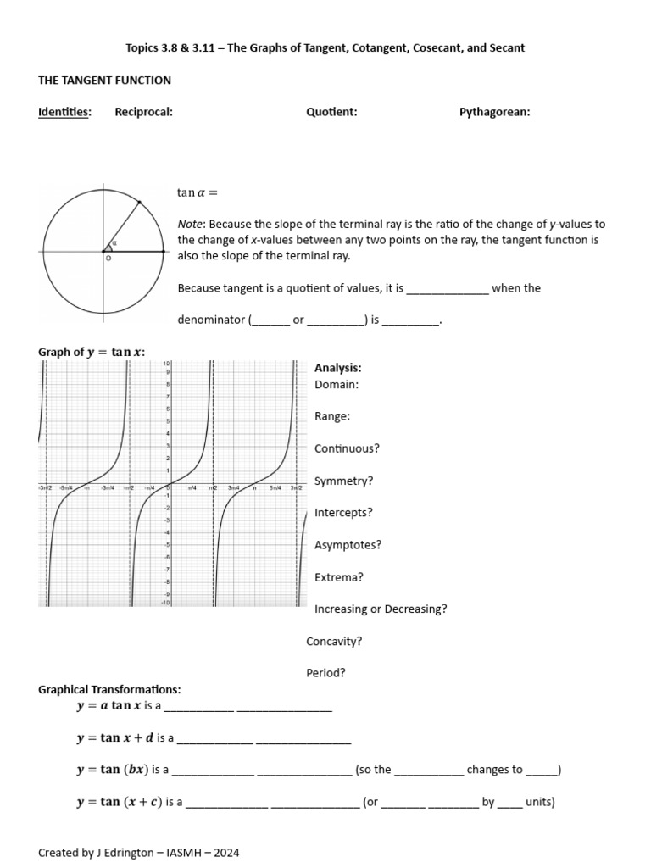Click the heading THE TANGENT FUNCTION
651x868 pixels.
pyautogui.click(x=104, y=81)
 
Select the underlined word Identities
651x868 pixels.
pyautogui.click(x=65, y=112)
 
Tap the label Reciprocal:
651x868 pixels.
pyautogui.click(x=143, y=112)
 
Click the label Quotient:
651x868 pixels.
pyautogui.click(x=331, y=112)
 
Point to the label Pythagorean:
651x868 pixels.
pyautogui.click(x=494, y=112)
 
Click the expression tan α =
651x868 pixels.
pyautogui.click(x=198, y=192)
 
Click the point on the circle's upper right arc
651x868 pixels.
pyautogui.click(x=139, y=202)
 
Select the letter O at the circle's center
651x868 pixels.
pyautogui.click(x=108, y=259)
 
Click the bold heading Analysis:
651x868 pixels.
pyautogui.click(x=337, y=368)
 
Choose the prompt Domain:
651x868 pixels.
pyautogui.click(x=337, y=384)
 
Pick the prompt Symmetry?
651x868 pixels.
pyautogui.click(x=343, y=481)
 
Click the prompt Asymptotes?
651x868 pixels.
pyautogui.click(x=348, y=545)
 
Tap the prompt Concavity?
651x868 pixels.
pyautogui.click(x=334, y=642)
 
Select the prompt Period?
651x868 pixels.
pyautogui.click(x=325, y=673)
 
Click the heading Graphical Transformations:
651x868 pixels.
pyautogui.click(x=109, y=690)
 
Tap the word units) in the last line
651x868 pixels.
pyautogui.click(x=540, y=802)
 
